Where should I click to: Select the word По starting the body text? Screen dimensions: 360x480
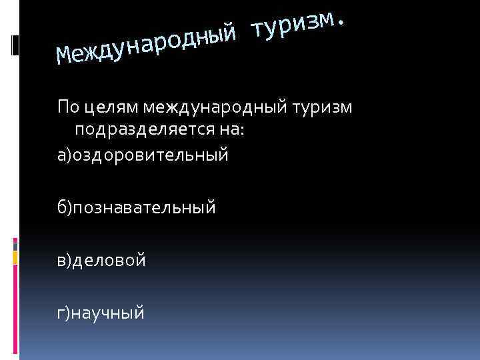[67, 106]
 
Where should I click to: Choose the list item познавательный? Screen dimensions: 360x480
[145, 207]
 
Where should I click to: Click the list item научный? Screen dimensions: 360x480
[109, 311]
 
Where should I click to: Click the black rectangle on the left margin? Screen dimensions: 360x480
[15, 45]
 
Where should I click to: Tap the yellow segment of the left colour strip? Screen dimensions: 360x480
[15, 253]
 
